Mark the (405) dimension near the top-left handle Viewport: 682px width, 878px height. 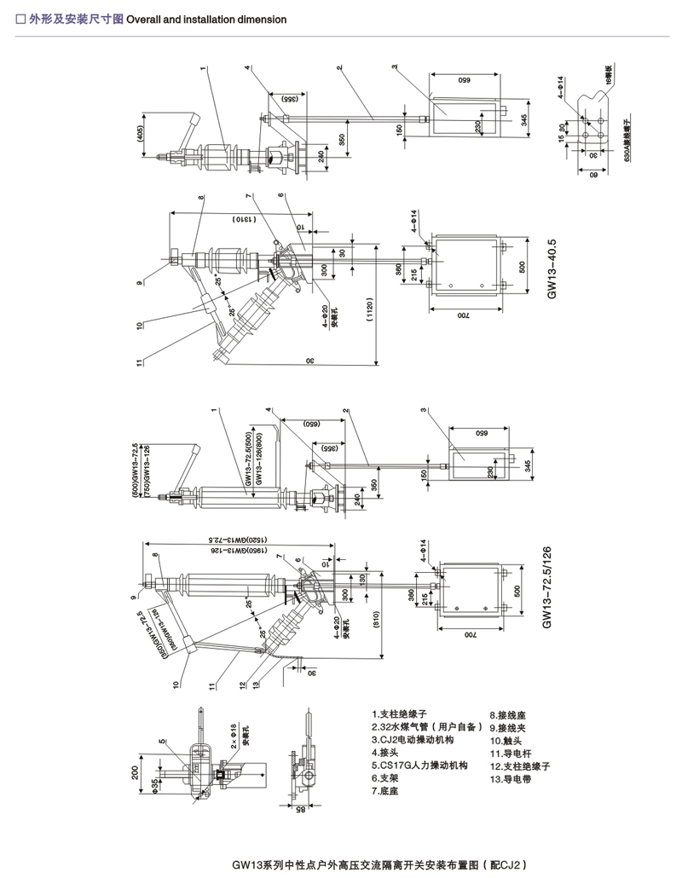click(x=139, y=134)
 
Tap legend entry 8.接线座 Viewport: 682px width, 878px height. click(x=506, y=716)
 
